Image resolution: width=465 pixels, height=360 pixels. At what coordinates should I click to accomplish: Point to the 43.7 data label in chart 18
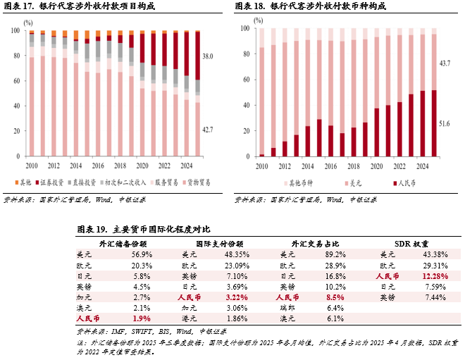[445, 63]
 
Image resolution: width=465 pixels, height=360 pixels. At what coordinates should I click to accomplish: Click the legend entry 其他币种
[304, 183]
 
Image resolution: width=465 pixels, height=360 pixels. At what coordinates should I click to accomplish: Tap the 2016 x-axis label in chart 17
[97, 166]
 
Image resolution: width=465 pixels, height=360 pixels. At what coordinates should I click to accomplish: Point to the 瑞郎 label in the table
[286, 308]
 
